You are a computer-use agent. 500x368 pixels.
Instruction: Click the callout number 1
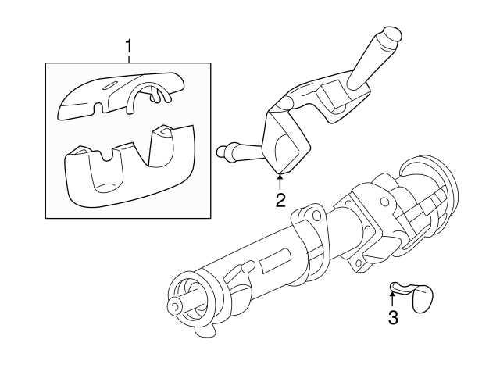click(129, 48)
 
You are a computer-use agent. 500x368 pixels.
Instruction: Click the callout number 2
click(280, 200)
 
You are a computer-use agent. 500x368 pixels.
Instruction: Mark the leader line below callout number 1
click(129, 61)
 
